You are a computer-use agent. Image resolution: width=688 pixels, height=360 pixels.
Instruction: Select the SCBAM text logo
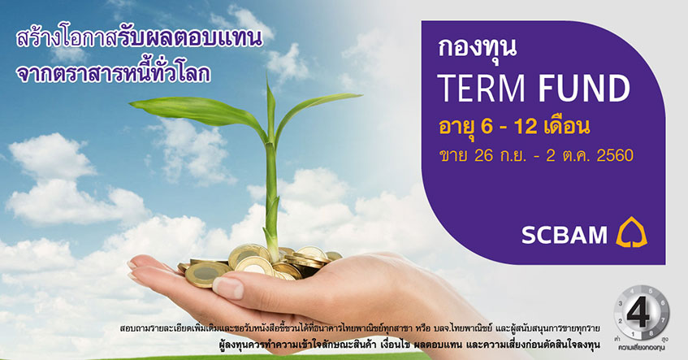[x=565, y=235]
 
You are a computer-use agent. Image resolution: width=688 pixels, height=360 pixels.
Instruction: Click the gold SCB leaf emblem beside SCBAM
[x=631, y=232]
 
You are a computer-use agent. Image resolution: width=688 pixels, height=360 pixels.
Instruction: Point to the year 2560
[x=615, y=155]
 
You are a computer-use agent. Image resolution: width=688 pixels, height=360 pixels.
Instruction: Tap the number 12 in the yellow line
[x=526, y=127]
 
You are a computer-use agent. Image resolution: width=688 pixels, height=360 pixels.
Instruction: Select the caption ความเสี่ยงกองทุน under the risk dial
[x=641, y=348]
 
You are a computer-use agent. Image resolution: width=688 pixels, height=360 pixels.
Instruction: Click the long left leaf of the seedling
[x=197, y=112]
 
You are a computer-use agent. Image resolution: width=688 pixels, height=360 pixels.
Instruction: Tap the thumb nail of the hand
[x=227, y=288]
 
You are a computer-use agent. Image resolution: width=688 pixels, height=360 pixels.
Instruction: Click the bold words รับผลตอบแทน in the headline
[x=190, y=39]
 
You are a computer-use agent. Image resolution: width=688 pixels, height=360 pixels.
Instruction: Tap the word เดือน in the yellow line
[x=566, y=127]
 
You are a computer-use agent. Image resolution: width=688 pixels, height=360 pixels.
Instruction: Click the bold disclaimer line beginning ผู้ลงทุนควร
[x=409, y=345]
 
